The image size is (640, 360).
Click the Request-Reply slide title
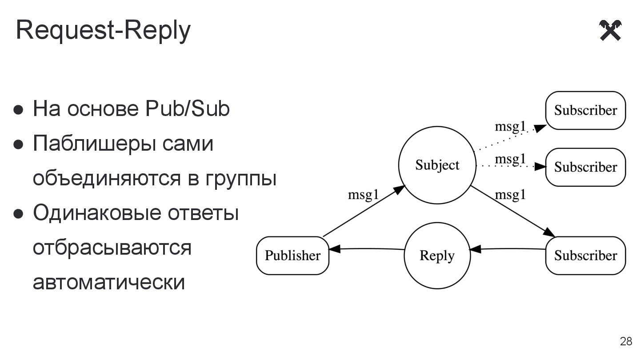[x=103, y=31]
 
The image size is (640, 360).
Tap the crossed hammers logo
[x=610, y=31]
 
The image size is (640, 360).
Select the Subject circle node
[x=437, y=165]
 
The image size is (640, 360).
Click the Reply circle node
[x=437, y=256]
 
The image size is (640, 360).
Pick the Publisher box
[x=292, y=256]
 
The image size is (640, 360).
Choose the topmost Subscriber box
[x=585, y=111]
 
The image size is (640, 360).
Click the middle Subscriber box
[x=585, y=167]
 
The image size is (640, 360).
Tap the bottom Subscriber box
[x=585, y=256]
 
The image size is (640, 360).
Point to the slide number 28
[x=626, y=341]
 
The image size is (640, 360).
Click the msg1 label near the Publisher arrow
[x=363, y=195]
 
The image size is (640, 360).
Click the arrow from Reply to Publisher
[x=367, y=249]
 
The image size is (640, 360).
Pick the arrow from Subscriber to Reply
[x=508, y=249]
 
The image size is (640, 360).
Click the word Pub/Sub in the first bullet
[x=187, y=109]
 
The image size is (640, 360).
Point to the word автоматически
[x=108, y=282]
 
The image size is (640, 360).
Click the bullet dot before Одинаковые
[x=18, y=214]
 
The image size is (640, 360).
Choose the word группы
[x=241, y=179]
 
